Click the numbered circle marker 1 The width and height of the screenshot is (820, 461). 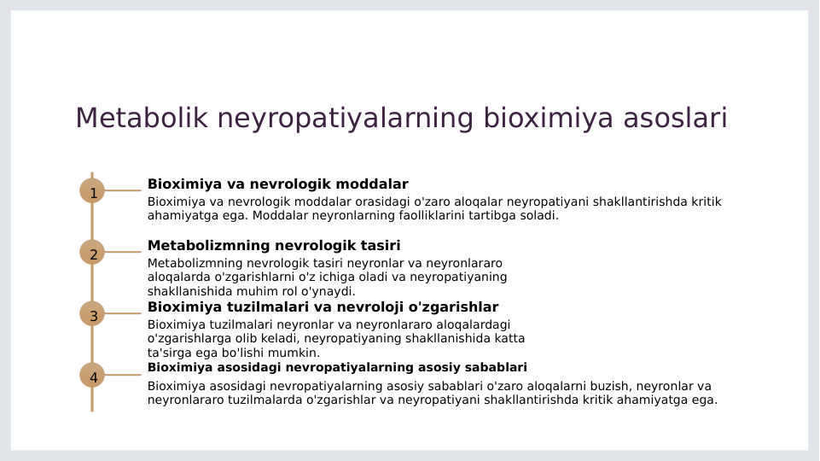[92, 190]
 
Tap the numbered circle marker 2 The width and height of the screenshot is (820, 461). [92, 252]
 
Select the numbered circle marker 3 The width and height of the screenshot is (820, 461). [92, 313]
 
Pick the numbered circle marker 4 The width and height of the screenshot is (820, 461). [92, 375]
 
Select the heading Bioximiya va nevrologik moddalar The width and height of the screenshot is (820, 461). [277, 184]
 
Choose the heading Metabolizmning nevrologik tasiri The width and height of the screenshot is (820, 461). [274, 246]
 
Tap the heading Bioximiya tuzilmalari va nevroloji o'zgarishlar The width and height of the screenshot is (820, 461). [323, 307]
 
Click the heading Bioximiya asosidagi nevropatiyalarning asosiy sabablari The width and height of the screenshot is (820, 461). [337, 368]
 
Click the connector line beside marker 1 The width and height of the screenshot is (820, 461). [123, 190]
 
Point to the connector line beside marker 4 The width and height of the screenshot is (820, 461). [123, 375]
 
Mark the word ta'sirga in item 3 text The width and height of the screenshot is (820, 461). [172, 353]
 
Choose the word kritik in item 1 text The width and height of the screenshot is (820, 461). [706, 202]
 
